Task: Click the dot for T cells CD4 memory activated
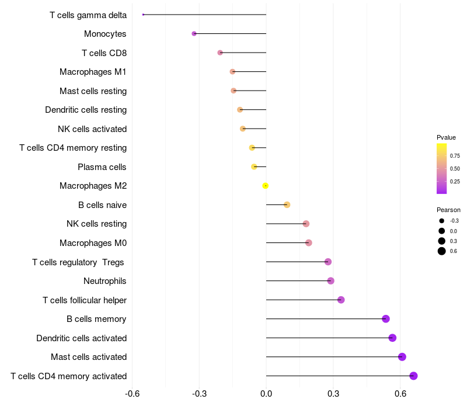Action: click(413, 376)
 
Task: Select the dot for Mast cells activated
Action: click(402, 357)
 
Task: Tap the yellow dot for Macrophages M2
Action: click(266, 186)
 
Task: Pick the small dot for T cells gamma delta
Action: click(143, 15)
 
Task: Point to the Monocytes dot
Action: click(194, 34)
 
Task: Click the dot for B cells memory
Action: click(386, 318)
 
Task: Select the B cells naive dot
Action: click(287, 204)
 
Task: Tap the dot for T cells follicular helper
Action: click(341, 300)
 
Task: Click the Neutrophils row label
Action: click(105, 281)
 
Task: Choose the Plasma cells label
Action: click(102, 167)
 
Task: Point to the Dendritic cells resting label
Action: click(86, 110)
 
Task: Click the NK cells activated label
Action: click(92, 129)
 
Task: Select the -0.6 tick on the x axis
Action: click(133, 394)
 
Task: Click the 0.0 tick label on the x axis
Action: click(266, 394)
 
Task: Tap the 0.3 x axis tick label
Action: click(333, 394)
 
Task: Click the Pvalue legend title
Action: click(446, 137)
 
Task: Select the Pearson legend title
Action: click(448, 210)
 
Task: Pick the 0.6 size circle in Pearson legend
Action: click(442, 251)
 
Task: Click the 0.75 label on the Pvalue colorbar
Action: click(455, 156)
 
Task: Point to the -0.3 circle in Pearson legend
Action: click(442, 221)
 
